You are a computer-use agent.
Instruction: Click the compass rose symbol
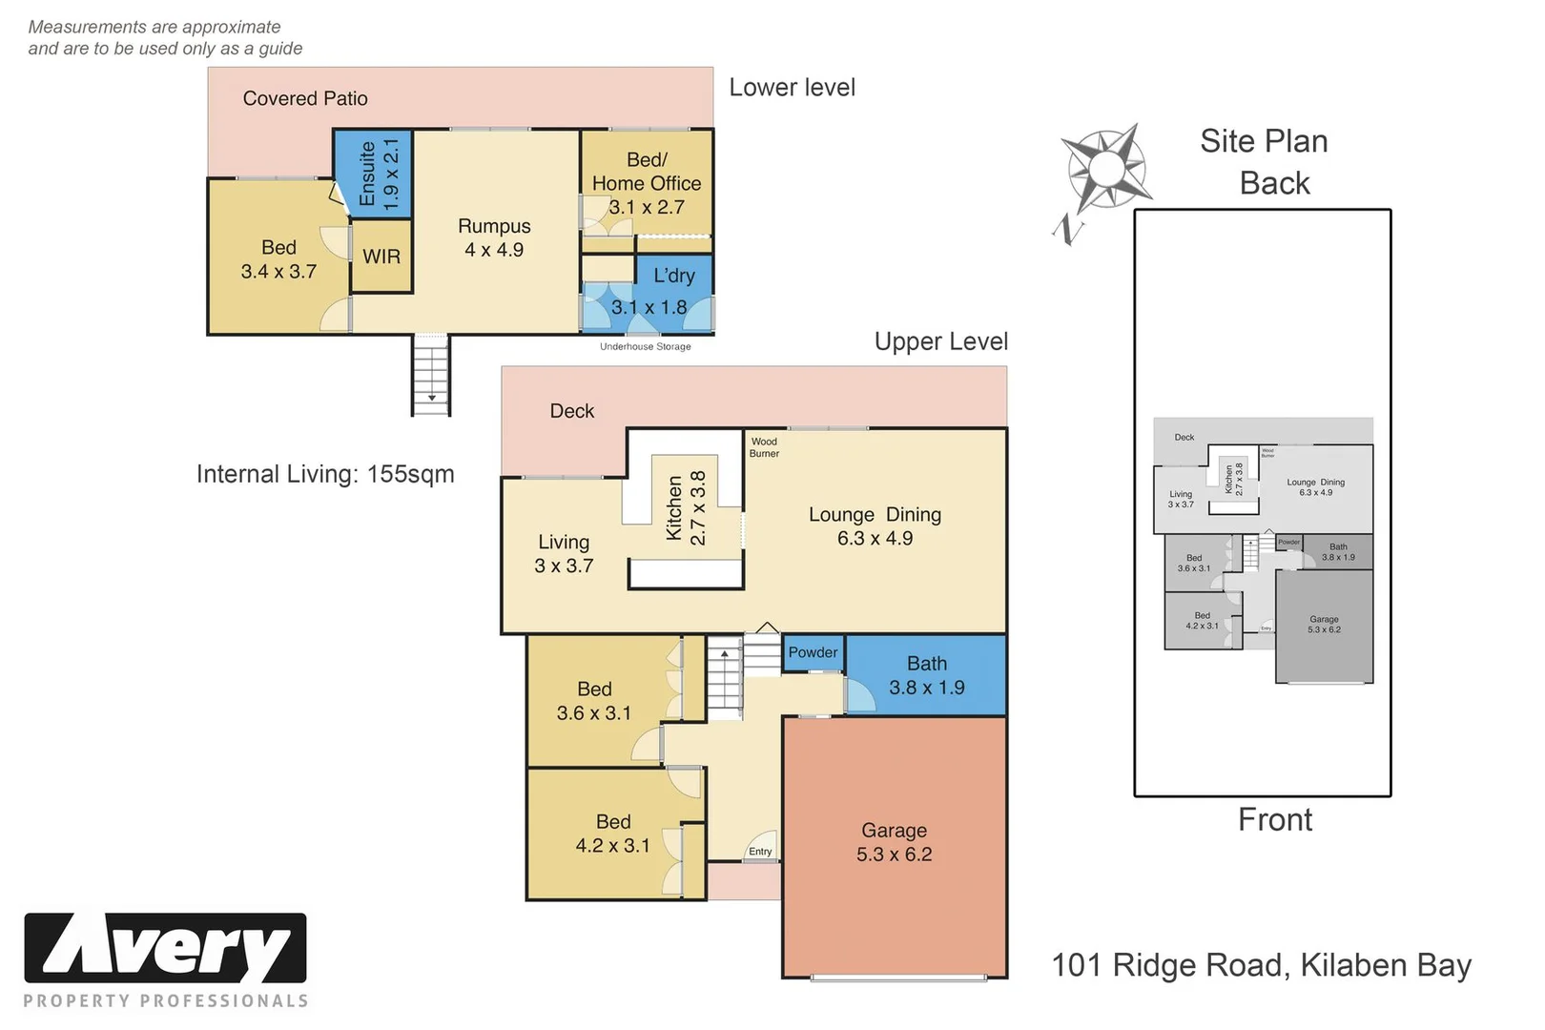coord(1105,170)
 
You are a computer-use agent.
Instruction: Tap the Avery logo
coord(165,949)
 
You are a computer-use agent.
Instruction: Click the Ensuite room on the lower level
coord(373,175)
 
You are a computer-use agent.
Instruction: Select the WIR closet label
coord(381,257)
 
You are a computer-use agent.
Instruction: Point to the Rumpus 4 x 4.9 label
coord(494,237)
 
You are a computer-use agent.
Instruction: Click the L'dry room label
coord(673,277)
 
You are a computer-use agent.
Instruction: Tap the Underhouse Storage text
coord(645,347)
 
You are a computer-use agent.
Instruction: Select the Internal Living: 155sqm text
coord(325,474)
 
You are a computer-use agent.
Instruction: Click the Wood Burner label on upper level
coord(764,447)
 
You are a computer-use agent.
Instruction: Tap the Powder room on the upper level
coord(813,653)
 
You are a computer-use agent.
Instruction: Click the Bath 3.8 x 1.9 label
coord(926,675)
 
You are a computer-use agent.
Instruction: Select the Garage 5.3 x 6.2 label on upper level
coord(894,842)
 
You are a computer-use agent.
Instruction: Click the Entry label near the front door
coord(760,852)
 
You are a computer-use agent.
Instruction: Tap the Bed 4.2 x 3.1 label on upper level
coord(612,834)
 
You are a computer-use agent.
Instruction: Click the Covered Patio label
coord(305,98)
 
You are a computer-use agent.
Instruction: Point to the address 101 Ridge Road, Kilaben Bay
coord(1261,965)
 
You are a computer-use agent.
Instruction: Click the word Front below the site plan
coord(1274,819)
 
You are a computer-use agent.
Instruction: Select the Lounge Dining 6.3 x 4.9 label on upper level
coord(875,525)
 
